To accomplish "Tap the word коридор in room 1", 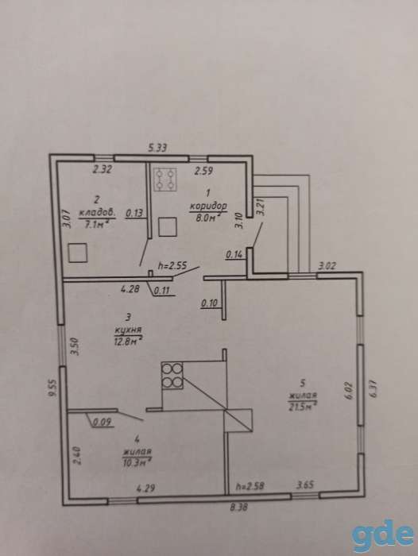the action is coord(208,206).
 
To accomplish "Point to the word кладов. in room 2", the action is coord(97,213).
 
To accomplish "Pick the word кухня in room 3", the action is coord(128,330).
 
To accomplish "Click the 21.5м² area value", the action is coord(303,407).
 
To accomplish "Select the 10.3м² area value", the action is coord(137,463).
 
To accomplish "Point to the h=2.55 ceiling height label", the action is coord(172,264).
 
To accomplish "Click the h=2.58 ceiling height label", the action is coord(250,486).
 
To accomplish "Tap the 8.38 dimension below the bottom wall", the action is coord(238,508).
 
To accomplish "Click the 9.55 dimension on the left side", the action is coord(53,388).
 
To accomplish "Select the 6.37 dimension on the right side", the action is coord(373,389).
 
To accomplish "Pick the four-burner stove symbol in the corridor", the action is coord(165,180).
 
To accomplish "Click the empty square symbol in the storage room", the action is coord(78,253).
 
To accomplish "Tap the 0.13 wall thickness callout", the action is coord(134,213).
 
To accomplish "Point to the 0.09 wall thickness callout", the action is coord(103,422).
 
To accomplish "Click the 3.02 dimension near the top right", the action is coord(327,266).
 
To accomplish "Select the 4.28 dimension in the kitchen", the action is coord(130,289).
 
